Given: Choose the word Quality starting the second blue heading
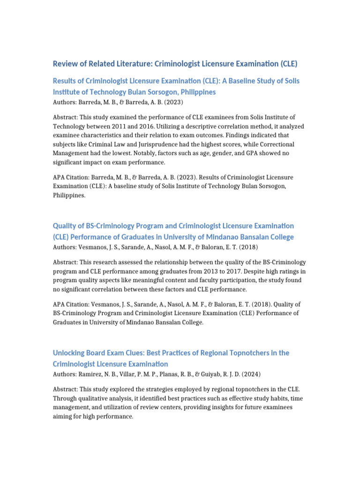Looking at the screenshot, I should (x=65, y=226).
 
